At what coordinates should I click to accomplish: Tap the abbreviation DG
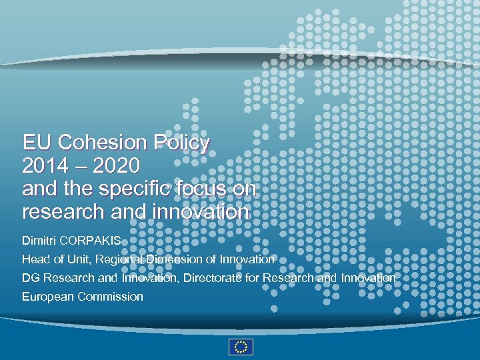(31, 277)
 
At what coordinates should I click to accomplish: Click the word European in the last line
(48, 297)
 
